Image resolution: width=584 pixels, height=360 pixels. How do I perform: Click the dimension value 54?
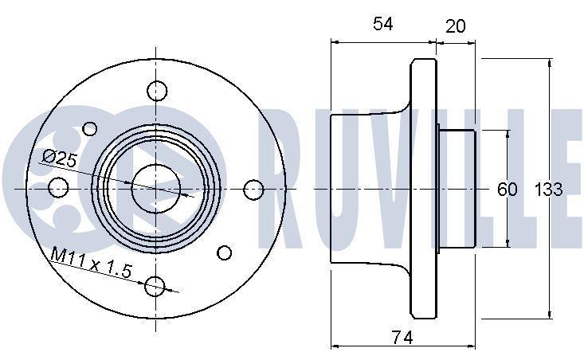pyautogui.click(x=383, y=24)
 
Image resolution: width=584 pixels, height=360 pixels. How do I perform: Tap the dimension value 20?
pyautogui.click(x=455, y=26)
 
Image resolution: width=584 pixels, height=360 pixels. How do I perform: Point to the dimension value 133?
pyautogui.click(x=549, y=190)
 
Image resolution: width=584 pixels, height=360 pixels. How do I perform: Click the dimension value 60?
pyautogui.click(x=508, y=190)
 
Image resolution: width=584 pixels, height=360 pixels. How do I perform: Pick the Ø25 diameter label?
pyautogui.click(x=60, y=158)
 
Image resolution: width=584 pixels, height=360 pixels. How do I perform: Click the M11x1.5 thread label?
pyautogui.click(x=92, y=263)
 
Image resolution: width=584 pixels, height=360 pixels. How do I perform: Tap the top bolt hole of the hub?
pyautogui.click(x=157, y=91)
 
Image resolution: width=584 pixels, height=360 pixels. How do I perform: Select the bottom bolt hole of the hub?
pyautogui.click(x=155, y=286)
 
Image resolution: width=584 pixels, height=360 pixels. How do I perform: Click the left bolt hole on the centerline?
pyautogui.click(x=58, y=187)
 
